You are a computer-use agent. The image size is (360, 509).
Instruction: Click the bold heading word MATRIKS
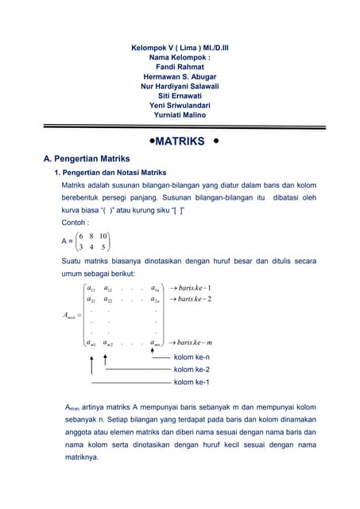pos(180,142)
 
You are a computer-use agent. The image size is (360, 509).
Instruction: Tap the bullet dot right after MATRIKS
pos(216,142)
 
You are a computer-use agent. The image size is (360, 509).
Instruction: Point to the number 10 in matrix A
pos(103,236)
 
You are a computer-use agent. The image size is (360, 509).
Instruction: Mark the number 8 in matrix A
pos(91,236)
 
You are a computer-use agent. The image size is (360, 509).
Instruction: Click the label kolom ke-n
pos(192,358)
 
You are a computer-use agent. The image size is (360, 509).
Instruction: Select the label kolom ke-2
pos(192,370)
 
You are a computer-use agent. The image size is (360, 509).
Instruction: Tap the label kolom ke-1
pos(192,382)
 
